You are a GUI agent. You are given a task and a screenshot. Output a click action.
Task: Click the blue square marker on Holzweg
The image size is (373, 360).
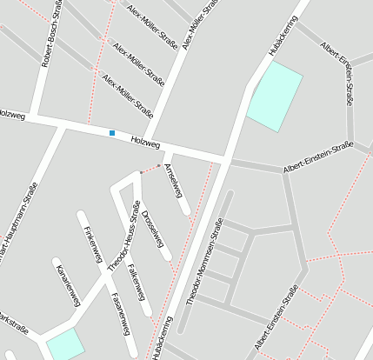pos(112,132)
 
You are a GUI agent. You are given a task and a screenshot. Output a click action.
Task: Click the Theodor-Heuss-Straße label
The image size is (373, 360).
pos(123,237)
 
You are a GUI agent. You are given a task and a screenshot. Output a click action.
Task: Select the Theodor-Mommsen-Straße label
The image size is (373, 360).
pos(203,260)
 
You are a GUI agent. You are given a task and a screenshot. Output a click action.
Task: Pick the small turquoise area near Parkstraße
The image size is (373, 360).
pos(65,344)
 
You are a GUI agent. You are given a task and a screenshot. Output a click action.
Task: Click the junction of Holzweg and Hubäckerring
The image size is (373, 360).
pos(227,159)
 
